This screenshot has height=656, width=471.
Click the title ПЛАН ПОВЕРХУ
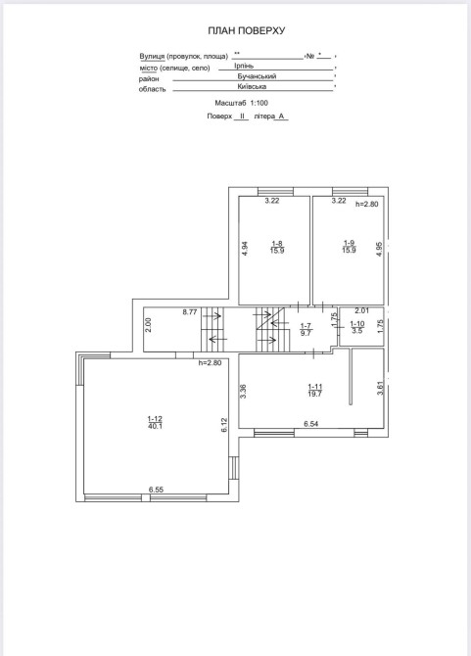[247, 30]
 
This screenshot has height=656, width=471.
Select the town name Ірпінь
[244, 66]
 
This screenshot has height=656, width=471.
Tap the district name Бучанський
[257, 76]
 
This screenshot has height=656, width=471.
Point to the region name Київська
[252, 86]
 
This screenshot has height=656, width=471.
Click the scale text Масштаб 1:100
[241, 103]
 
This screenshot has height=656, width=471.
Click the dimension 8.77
[190, 311]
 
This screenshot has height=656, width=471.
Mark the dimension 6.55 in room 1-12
[156, 490]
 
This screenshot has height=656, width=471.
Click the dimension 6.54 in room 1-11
[310, 424]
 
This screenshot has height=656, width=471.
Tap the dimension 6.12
[224, 425]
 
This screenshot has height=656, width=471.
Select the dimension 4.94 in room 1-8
[246, 249]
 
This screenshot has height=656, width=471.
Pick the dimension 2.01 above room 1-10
[362, 310]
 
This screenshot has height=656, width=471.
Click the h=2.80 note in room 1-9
[367, 205]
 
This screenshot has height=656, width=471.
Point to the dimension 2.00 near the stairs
[148, 325]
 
